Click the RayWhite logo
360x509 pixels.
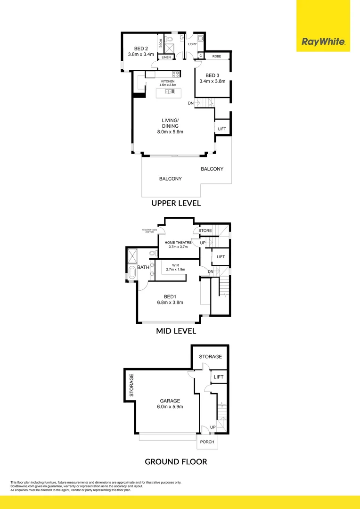pos(323,42)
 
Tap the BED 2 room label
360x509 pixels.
pos(142,49)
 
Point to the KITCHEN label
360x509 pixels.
pos(168,82)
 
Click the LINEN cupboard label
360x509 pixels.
pos(166,57)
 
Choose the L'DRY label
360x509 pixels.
pos(192,44)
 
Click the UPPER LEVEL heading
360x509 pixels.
pos(176,203)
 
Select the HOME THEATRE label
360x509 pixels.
pos(178,242)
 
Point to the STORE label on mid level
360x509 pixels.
pos(205,230)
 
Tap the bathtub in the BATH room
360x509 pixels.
pos(131,272)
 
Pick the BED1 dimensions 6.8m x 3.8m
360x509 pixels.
pos(170,303)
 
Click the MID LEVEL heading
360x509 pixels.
pos(176,331)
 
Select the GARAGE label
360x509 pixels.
pos(170,401)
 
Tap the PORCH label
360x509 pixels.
pos(207,442)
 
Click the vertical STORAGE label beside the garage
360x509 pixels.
pos(132,385)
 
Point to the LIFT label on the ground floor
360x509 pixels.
pos(219,377)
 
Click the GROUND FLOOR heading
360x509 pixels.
pos(176,461)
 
